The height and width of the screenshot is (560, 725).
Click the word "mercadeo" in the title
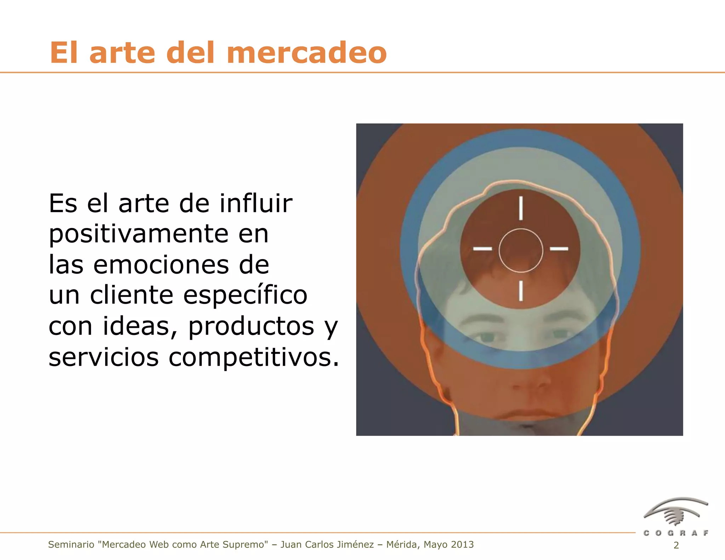pos(308,53)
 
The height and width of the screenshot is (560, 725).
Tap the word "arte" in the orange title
pos(122,53)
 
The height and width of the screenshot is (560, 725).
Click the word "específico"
pos(245,295)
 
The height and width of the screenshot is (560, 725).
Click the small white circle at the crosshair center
pos(521,251)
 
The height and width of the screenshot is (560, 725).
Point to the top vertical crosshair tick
pos(521,208)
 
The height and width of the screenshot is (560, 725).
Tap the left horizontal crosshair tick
pos(483,248)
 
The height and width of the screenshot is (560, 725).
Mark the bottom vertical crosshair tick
pos(521,291)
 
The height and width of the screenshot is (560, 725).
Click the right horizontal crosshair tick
pos(559,248)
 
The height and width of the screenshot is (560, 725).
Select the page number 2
pos(676,545)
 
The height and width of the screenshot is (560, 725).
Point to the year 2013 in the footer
pos(462,544)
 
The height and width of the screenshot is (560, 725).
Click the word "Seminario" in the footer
pos(71,544)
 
